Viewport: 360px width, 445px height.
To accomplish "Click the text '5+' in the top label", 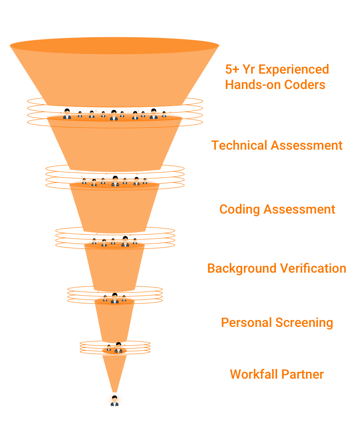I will point(232,69).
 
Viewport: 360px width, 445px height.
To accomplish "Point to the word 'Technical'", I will point(239,145).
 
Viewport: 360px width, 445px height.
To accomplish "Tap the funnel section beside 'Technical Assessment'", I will point(114,146).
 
